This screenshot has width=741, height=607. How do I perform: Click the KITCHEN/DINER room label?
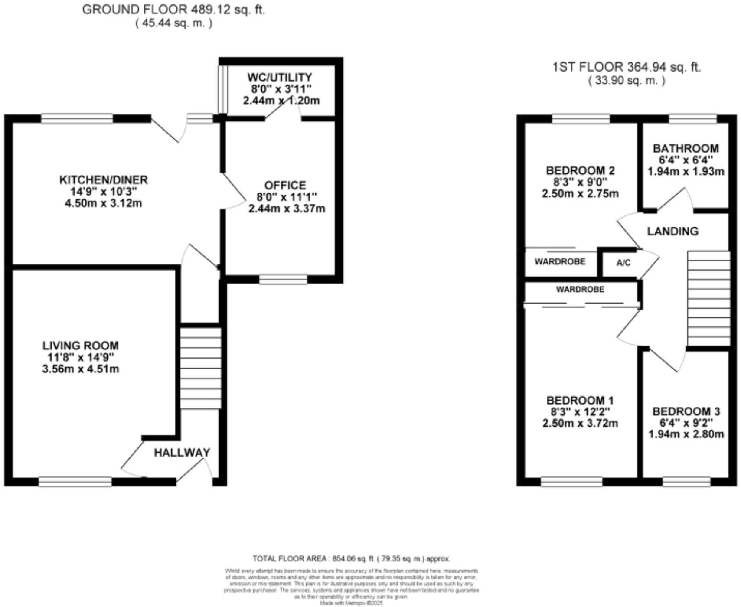103,179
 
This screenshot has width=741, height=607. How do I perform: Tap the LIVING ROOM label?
81,346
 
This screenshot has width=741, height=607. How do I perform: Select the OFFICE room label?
285,185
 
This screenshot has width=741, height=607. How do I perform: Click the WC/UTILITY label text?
280,77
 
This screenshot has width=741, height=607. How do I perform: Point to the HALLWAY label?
182,453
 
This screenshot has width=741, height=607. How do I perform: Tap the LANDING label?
672,231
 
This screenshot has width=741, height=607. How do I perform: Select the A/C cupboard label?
623,263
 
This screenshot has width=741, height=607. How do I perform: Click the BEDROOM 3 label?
686,411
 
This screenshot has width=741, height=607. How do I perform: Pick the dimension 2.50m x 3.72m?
580,423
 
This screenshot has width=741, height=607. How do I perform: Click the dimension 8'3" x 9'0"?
580,182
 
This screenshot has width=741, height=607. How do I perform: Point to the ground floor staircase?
201,368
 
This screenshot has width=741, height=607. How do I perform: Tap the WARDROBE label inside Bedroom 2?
560,261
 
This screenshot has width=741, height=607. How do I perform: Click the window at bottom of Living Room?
75,481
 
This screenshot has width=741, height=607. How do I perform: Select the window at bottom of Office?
283,279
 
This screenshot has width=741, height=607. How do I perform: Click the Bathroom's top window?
692,118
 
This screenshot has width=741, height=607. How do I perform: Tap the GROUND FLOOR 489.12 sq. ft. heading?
173,10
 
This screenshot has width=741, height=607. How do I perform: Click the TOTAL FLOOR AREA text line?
351,559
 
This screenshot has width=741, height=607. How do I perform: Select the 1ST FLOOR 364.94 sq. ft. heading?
627,67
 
